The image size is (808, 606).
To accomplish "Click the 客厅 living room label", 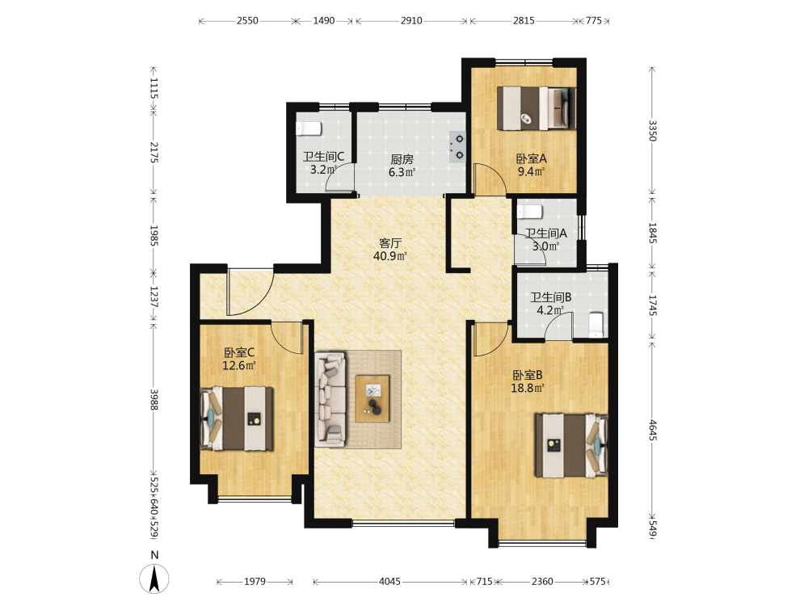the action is [390, 242].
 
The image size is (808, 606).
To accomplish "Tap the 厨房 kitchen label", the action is [402, 159].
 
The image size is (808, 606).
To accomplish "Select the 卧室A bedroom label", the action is [532, 158].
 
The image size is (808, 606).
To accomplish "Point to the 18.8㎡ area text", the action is [527, 388].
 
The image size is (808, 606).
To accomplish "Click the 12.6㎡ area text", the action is [239, 366].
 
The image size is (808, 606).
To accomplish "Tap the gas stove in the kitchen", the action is [457, 147].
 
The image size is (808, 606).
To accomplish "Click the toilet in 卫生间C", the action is [309, 128].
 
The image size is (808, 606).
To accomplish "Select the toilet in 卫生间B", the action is [595, 325].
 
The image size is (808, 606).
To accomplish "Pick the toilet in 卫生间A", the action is [530, 212].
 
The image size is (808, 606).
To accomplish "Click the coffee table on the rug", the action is [372, 399].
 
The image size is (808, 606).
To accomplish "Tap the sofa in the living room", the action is [330, 399].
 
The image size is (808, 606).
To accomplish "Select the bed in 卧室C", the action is [237, 419].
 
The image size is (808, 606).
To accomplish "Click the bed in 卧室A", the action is [537, 108].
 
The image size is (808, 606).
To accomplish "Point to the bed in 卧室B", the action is [571, 445].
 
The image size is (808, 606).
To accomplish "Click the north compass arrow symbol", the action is [154, 579].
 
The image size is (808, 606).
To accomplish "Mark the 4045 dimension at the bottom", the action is [390, 582].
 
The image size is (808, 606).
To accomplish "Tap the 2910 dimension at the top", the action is [411, 21].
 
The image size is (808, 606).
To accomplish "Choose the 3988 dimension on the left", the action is [154, 399].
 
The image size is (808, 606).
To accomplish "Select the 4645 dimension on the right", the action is [652, 431].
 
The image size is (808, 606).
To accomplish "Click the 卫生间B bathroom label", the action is [551, 297].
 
